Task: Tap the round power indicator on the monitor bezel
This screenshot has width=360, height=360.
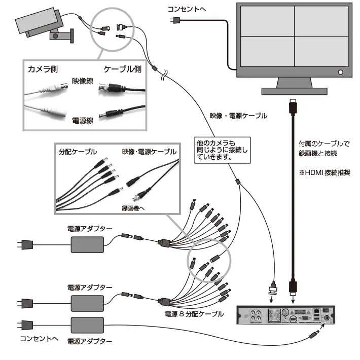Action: [x=340, y=73]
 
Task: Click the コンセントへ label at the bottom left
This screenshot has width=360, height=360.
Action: [x=38, y=338]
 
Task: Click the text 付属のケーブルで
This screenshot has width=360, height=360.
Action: [x=321, y=143]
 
